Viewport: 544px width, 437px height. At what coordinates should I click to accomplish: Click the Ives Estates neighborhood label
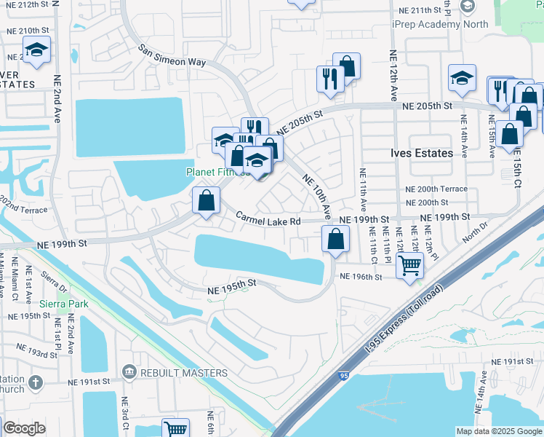421,153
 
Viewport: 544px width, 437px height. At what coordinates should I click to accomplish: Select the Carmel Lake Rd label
268,219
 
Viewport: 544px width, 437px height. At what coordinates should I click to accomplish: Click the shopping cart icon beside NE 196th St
410,264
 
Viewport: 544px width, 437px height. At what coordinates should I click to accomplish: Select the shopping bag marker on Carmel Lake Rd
207,200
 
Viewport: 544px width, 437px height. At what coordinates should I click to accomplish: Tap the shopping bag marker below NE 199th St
335,239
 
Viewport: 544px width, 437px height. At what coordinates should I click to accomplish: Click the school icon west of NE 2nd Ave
36,50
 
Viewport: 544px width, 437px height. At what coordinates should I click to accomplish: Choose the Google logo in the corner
24,428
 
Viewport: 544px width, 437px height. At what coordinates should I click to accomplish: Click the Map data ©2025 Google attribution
498,431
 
